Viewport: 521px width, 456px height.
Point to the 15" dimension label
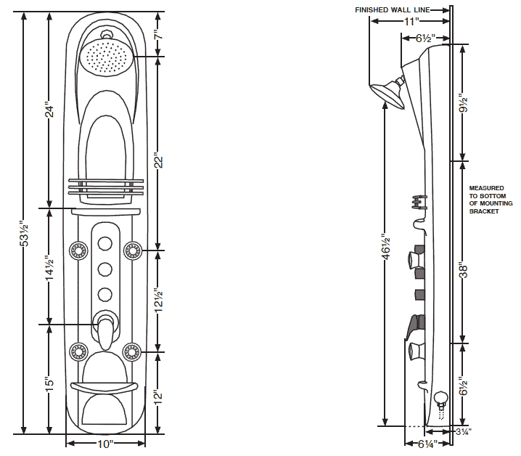49,384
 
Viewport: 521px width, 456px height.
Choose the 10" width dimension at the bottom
105,443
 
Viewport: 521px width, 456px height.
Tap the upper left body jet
78,251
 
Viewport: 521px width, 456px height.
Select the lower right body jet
131,352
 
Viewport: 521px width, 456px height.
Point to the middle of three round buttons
105,269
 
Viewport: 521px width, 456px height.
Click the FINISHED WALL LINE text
393,10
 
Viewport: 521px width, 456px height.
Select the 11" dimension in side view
409,22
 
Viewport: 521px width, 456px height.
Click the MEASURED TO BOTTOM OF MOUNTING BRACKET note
486,200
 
